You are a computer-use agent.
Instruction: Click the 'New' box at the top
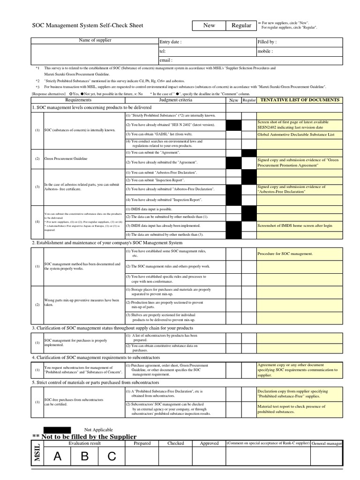click(x=209, y=25)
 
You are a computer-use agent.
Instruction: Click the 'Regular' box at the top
click(x=241, y=25)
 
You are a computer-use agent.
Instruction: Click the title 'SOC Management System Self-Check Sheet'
click(x=87, y=25)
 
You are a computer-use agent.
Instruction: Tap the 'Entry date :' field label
click(x=171, y=42)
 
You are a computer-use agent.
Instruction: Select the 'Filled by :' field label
click(x=267, y=42)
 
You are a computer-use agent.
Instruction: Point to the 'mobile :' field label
click(x=265, y=51)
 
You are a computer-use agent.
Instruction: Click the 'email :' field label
click(x=166, y=60)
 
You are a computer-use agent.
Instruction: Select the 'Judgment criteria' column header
click(x=175, y=100)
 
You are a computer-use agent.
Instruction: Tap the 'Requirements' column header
click(x=78, y=100)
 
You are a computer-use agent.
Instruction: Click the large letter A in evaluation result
click(x=57, y=457)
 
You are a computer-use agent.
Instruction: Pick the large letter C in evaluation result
click(x=112, y=457)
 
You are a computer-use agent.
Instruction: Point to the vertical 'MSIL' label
click(x=37, y=454)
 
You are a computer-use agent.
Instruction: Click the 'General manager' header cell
click(x=327, y=443)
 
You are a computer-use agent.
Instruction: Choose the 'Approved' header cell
click(x=209, y=443)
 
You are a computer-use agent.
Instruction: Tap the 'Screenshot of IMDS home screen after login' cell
click(x=295, y=225)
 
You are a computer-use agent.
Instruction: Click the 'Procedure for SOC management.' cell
click(x=285, y=254)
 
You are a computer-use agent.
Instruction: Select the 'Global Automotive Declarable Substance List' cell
click(x=296, y=134)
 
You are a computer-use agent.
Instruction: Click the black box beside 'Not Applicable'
click(x=57, y=429)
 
